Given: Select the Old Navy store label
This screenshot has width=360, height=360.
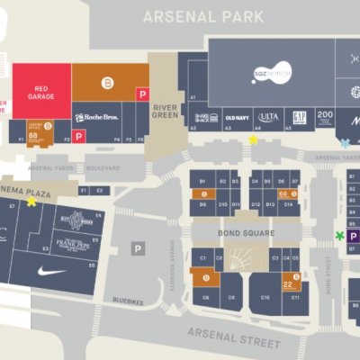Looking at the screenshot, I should [237, 117].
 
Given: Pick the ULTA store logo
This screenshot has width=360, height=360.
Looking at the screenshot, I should [268, 117].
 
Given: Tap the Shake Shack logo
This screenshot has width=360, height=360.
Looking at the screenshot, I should [207, 117].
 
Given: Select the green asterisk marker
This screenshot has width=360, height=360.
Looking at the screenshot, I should [339, 236].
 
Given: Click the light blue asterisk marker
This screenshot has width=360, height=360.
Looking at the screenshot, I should [345, 143].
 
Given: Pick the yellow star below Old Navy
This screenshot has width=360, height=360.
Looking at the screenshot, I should [253, 139].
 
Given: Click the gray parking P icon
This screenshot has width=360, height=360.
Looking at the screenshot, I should [138, 248].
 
